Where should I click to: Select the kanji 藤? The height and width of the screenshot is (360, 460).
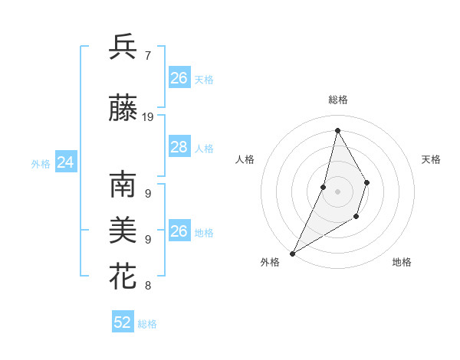coord(123,108)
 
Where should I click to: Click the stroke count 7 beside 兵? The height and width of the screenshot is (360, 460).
coord(148,55)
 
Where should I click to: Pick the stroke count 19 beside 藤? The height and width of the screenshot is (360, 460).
coord(149,117)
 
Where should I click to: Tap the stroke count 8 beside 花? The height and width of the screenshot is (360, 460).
coord(148,286)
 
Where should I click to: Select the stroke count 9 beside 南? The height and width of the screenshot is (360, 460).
coord(148,194)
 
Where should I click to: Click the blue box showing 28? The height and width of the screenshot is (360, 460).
coord(179,147)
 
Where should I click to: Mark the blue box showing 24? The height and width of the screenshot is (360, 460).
coord(65,162)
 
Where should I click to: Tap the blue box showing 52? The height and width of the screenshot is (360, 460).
coord(123,322)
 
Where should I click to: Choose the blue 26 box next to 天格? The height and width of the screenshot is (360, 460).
coord(179,78)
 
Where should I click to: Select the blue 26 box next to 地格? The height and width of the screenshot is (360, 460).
coord(179,231)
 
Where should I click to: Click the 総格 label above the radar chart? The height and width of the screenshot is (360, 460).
coord(338,100)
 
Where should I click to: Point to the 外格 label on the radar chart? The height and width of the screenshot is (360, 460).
coord(270,262)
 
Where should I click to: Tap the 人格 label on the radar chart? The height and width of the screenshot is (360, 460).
coord(245,159)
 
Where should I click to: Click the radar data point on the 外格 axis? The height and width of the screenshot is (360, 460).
coord(292,254)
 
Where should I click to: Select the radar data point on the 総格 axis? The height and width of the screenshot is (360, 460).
coord(337,130)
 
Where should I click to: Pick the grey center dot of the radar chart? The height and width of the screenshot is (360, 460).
coord(337,191)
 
